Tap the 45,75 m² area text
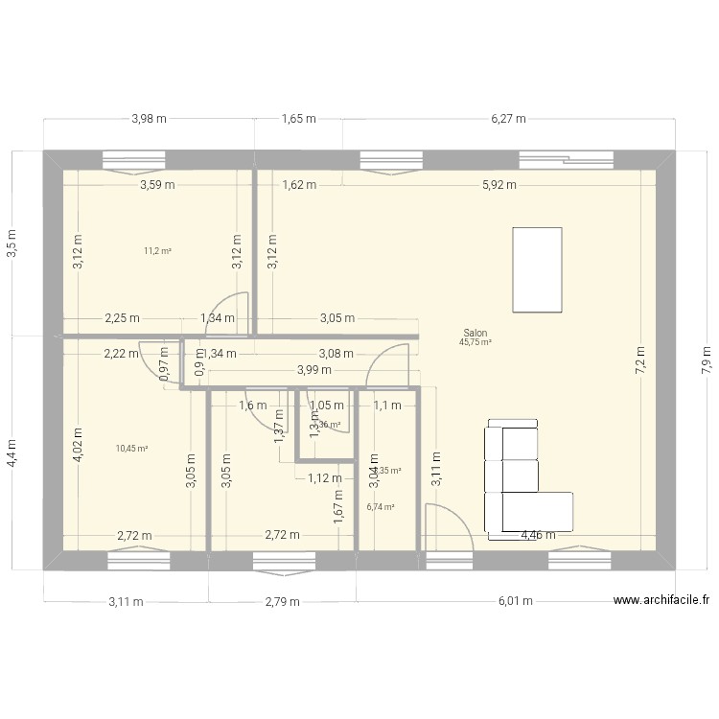pyautogui.click(x=475, y=341)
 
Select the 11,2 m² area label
pyautogui.click(x=157, y=251)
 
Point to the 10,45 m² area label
pyautogui.click(x=131, y=448)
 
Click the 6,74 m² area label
pyautogui.click(x=381, y=508)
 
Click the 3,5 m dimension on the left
pyautogui.click(x=12, y=243)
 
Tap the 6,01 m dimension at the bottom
pyautogui.click(x=513, y=602)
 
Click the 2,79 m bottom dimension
pyautogui.click(x=282, y=602)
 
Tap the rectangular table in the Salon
pyautogui.click(x=537, y=269)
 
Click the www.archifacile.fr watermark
pyautogui.click(x=661, y=601)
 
